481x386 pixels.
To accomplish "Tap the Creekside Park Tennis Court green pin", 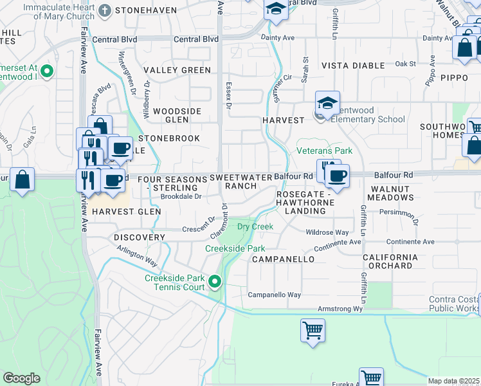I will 215,281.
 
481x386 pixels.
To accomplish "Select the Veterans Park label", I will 324,151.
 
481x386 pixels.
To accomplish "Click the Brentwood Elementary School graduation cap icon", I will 327,103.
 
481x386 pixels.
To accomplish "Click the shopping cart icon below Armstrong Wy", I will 313,331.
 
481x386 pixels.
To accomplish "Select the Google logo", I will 21,378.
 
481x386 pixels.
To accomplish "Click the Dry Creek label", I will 255,226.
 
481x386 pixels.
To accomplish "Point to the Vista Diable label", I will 347,66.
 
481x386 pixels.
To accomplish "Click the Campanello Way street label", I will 275,295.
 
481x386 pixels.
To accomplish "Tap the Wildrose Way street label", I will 327,232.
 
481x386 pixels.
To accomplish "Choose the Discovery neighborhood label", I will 140,237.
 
